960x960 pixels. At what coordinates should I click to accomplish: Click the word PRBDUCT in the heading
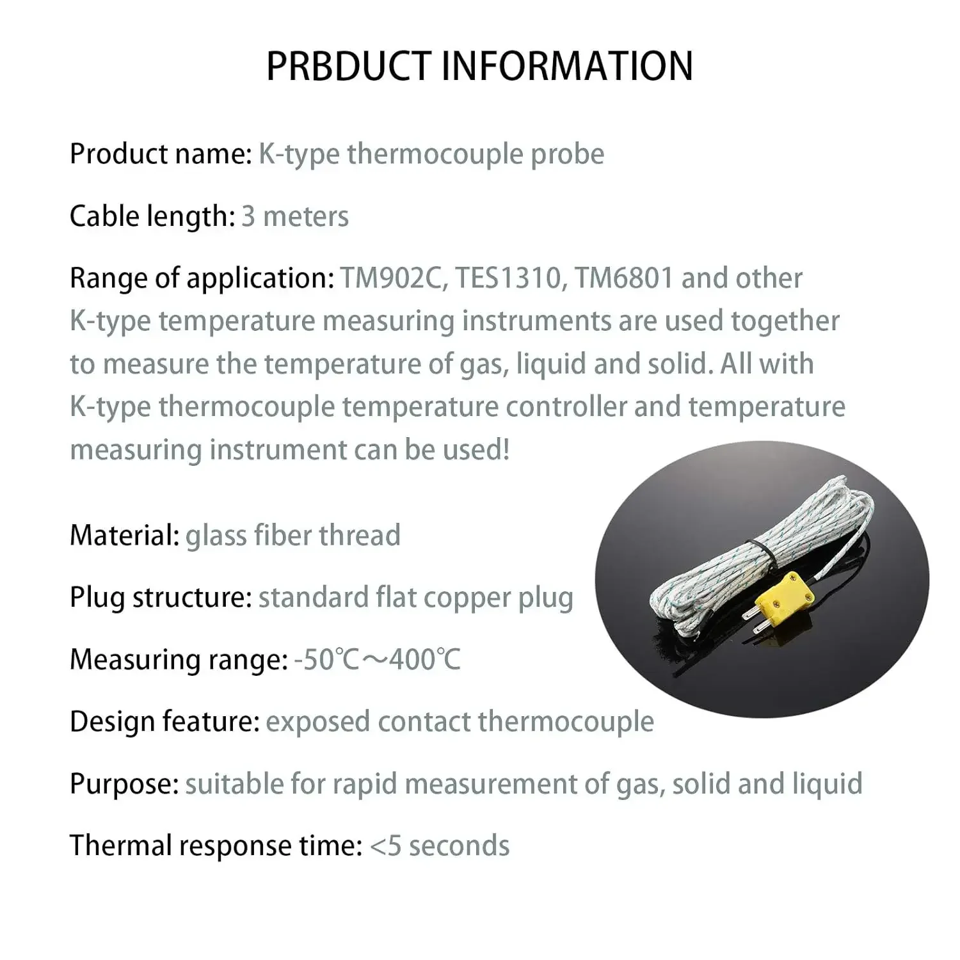coord(349,66)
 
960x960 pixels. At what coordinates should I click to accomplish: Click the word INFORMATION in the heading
coord(567,66)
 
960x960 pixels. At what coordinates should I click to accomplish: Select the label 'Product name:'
coord(161,154)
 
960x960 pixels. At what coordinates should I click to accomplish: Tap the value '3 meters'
coord(294,216)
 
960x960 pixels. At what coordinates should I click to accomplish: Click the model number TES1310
coord(509,278)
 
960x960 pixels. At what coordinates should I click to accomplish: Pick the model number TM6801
coord(624,278)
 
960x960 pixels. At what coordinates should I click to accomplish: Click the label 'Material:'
coord(124,535)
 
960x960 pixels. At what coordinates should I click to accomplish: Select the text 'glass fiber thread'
coord(292,535)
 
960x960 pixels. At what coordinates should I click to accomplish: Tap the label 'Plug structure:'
coord(161,597)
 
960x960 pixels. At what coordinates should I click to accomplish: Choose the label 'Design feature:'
coord(164,721)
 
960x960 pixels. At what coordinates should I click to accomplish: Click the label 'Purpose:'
coord(124,783)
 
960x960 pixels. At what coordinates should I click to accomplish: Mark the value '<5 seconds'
coord(440,845)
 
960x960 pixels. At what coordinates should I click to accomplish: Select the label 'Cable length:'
coord(152,216)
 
